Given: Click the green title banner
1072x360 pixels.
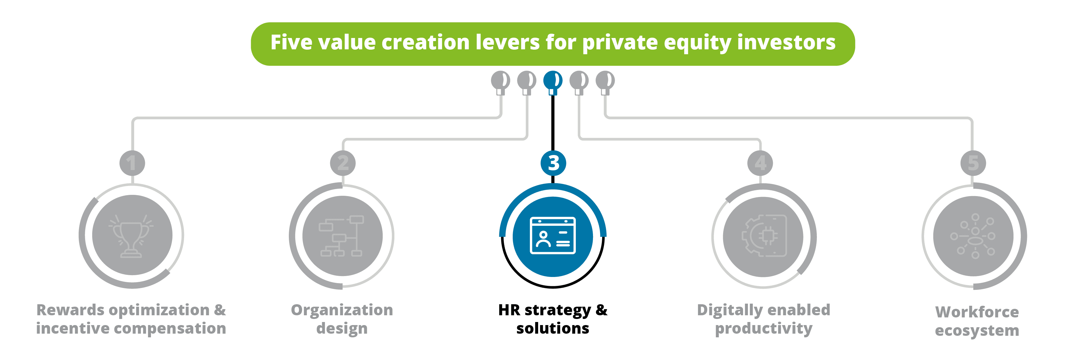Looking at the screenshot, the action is pos(553,44).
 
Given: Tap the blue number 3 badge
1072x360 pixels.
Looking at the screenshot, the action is pos(553,163).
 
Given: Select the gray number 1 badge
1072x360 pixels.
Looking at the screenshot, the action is pos(132,163).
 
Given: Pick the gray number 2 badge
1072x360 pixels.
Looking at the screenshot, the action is pos(343,163).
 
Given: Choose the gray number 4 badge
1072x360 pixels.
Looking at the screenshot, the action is pos(760,163).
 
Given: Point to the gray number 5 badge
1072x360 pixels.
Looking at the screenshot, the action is pos(973,163).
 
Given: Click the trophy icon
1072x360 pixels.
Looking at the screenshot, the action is pos(131,236).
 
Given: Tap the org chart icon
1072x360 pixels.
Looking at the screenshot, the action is pos(342,236).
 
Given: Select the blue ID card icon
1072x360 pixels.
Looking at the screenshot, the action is pos(553,236).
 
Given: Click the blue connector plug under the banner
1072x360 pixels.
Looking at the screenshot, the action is pos(553,82).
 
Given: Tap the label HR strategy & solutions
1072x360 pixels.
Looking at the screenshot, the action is pos(553,319).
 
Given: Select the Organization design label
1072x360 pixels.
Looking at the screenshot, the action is pos(342,319).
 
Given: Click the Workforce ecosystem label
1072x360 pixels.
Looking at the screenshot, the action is pos(977,321).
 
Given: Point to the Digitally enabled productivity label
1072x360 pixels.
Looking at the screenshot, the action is pos(764,319).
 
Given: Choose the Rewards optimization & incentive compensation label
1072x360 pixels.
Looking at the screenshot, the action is pos(131,319).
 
